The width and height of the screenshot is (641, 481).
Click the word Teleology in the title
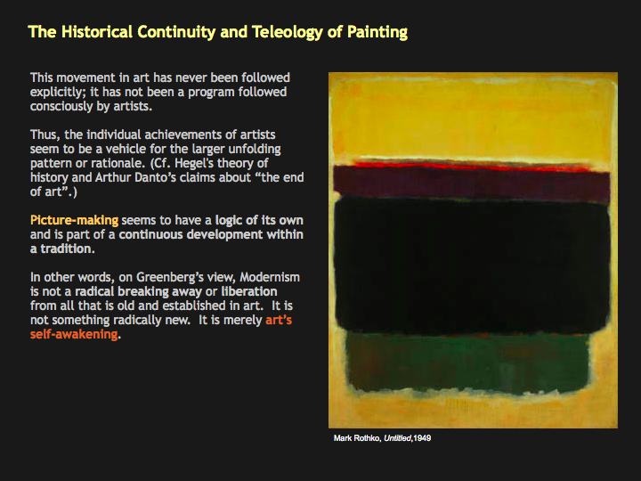[x=287, y=32]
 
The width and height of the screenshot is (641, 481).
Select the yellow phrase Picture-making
[x=74, y=220]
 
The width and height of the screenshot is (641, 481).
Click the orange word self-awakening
[x=74, y=334]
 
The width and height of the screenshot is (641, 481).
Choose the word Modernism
[x=270, y=277]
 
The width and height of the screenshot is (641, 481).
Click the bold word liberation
[x=249, y=291]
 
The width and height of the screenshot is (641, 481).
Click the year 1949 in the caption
[x=422, y=438]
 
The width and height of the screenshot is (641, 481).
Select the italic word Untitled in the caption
[x=397, y=438]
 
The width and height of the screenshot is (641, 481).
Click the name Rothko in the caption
[x=368, y=438]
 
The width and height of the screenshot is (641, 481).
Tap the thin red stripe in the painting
[x=470, y=166]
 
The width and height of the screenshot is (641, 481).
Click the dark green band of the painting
[x=467, y=362]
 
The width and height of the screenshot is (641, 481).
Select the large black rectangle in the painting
[x=472, y=265]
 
